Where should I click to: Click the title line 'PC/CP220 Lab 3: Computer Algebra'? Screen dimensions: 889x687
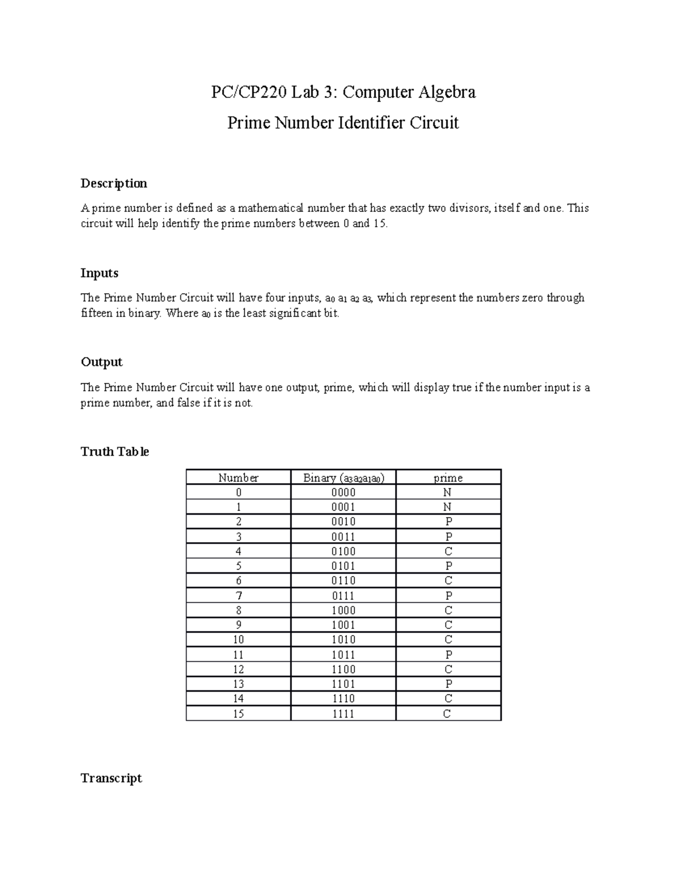[343, 92]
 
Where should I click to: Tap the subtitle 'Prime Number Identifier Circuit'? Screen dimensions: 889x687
[343, 123]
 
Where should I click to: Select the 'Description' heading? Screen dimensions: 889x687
[114, 183]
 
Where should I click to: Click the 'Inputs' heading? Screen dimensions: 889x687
[100, 273]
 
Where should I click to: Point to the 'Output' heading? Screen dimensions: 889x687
[102, 362]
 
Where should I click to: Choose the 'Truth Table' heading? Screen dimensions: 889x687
[115, 452]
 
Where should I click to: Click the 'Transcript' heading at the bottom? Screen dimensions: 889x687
[112, 778]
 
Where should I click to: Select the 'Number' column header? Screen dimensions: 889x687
[238, 477]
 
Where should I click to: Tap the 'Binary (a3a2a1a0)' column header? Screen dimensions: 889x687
[343, 477]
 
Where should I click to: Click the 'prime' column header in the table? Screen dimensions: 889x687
[448, 477]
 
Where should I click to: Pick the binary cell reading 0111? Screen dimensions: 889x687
[343, 596]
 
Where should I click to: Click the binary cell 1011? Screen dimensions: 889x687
[343, 655]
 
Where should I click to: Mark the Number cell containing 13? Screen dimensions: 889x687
[238, 684]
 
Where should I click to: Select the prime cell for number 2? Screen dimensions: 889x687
[448, 521]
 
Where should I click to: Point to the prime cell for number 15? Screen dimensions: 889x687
[448, 714]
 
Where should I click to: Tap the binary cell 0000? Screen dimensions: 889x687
[343, 492]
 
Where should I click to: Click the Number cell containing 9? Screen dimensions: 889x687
[238, 625]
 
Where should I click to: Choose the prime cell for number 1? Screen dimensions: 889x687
[448, 507]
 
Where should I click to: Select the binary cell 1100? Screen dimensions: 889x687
[343, 669]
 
